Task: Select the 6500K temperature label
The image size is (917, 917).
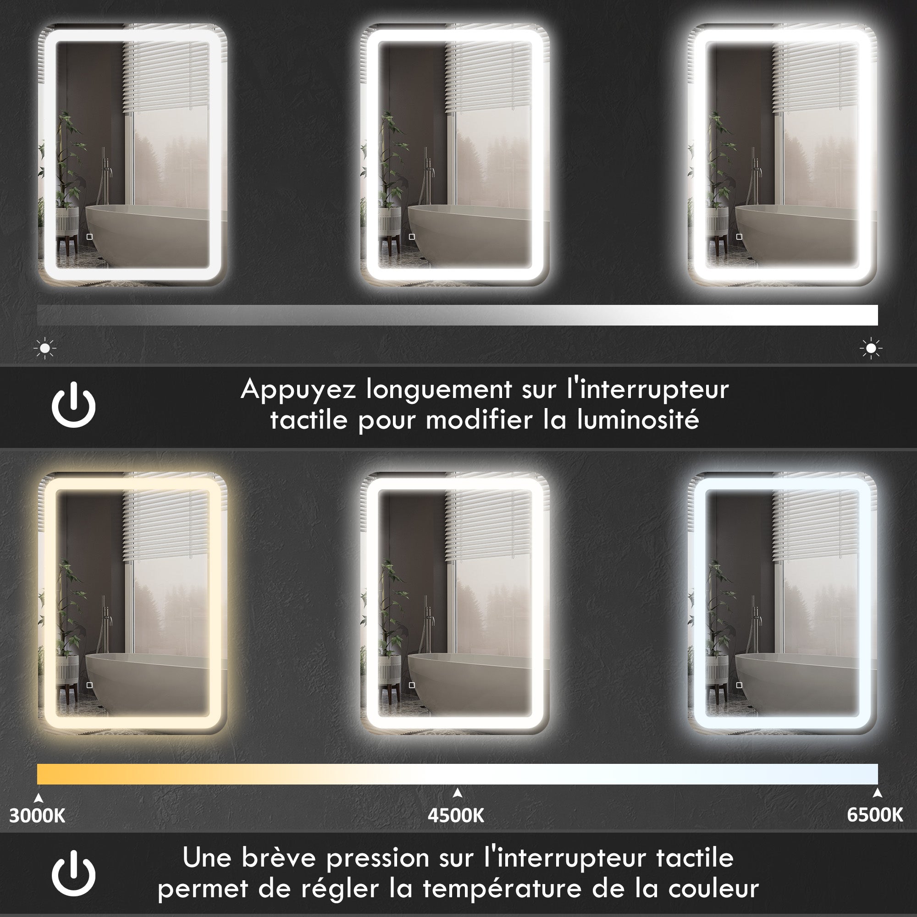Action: tap(875, 815)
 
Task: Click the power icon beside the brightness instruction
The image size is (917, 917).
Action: tap(73, 405)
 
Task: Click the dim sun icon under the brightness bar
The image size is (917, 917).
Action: tap(45, 348)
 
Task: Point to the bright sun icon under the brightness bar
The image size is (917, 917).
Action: tap(871, 348)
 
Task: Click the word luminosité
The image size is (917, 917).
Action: tap(638, 420)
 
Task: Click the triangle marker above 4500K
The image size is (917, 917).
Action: tap(458, 792)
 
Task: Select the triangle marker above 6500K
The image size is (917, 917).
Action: tap(878, 792)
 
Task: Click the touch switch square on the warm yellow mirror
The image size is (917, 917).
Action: tap(89, 685)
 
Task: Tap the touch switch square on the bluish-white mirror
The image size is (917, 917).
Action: tap(739, 685)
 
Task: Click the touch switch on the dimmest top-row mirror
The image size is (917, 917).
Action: tap(89, 237)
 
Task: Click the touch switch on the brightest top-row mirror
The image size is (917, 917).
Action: tap(739, 237)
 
